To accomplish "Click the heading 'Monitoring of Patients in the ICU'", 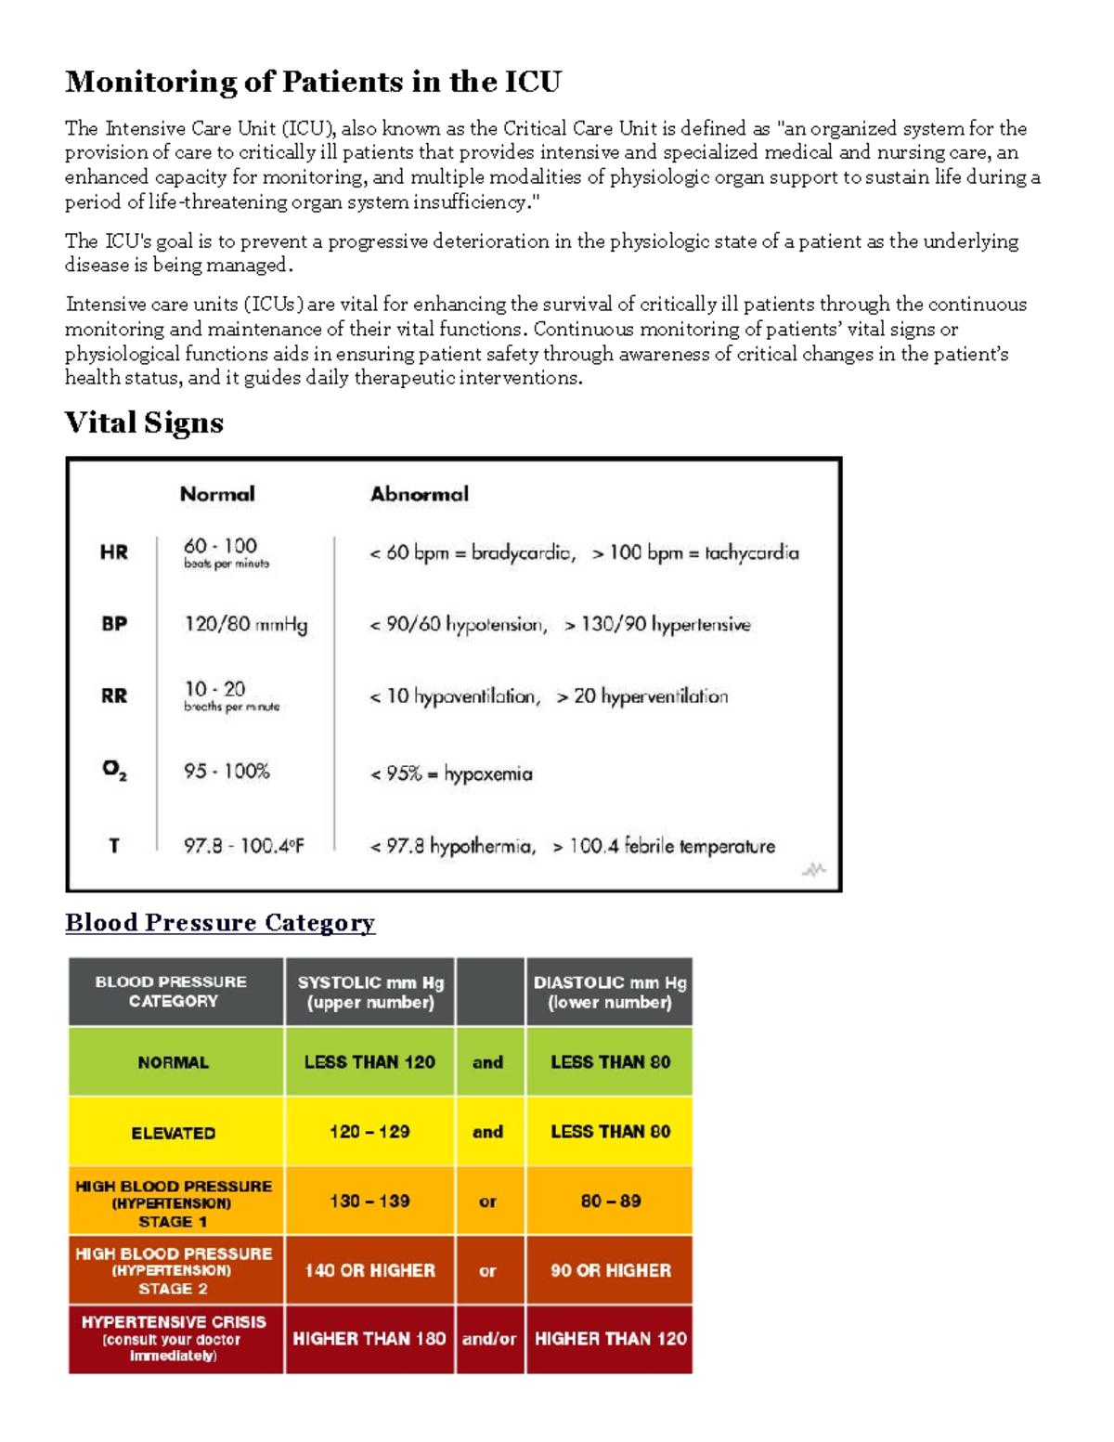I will pos(313,82).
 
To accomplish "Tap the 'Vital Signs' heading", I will pos(144,422).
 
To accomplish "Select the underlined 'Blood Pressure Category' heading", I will pos(220,922).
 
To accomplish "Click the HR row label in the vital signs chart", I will pos(114,552).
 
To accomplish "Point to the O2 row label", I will pos(114,771).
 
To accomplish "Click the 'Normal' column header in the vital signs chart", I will pos(217,494).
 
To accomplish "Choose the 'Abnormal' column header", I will pos(420,494).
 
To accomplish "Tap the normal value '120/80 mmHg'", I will pos(245,624).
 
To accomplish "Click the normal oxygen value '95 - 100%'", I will pos(227,772).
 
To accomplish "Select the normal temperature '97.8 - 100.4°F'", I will pos(243,846).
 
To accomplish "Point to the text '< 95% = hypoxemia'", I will pos(451,773).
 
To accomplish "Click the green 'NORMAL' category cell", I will pos(174,1062).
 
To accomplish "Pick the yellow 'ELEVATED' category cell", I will pos(174,1133).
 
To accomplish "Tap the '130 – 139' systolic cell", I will pos(369,1202).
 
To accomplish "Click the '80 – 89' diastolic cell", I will pos(610,1202).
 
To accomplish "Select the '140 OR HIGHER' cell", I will pos(369,1270).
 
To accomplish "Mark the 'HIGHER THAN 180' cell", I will pos(369,1339).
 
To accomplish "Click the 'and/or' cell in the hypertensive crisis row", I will pos(489,1339).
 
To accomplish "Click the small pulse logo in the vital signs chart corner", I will pos(814,870).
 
